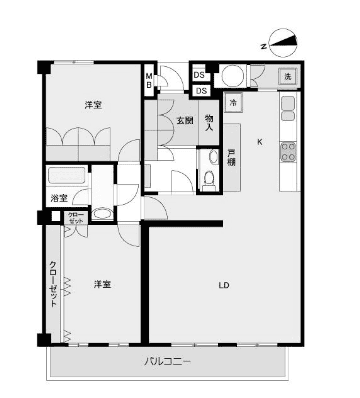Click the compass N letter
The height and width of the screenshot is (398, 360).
[x=264, y=46]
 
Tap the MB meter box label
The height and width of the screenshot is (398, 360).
[x=149, y=80]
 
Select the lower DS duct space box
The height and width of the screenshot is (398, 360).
[x=201, y=91]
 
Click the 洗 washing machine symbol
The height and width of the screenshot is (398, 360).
[x=288, y=76]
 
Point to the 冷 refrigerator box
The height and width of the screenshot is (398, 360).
[x=233, y=102]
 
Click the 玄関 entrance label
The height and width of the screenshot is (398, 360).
[x=185, y=121]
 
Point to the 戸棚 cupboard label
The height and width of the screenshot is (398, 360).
[x=231, y=158]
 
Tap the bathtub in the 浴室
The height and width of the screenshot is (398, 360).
[x=67, y=175]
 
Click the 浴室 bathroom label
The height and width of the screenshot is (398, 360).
[x=59, y=198]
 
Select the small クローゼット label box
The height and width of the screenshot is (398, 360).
[x=76, y=218]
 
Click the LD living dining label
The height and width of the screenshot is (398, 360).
[x=224, y=286]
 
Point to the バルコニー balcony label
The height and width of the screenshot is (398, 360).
[x=168, y=361]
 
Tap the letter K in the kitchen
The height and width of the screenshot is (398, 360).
[x=259, y=142]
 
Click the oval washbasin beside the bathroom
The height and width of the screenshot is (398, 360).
[x=102, y=213]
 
